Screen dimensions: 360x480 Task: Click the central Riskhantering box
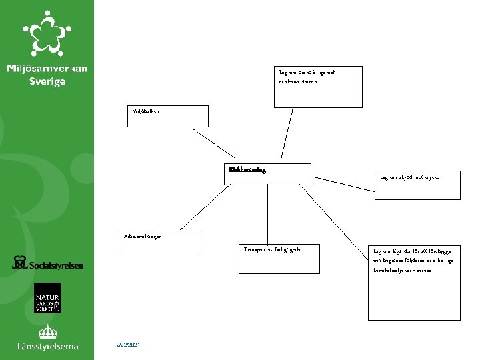coord(268,173)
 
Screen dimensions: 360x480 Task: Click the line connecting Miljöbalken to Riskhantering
coord(215,144)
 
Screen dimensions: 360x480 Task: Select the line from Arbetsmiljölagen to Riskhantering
coord(204,207)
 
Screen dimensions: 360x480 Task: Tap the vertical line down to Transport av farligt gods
coord(267,213)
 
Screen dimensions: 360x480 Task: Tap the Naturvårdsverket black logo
coord(47,298)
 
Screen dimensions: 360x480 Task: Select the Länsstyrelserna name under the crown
coord(47,346)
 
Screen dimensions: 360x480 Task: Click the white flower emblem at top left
coord(46,33)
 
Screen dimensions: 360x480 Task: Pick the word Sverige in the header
coord(47,81)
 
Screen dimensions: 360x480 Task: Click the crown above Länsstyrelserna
coord(47,331)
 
